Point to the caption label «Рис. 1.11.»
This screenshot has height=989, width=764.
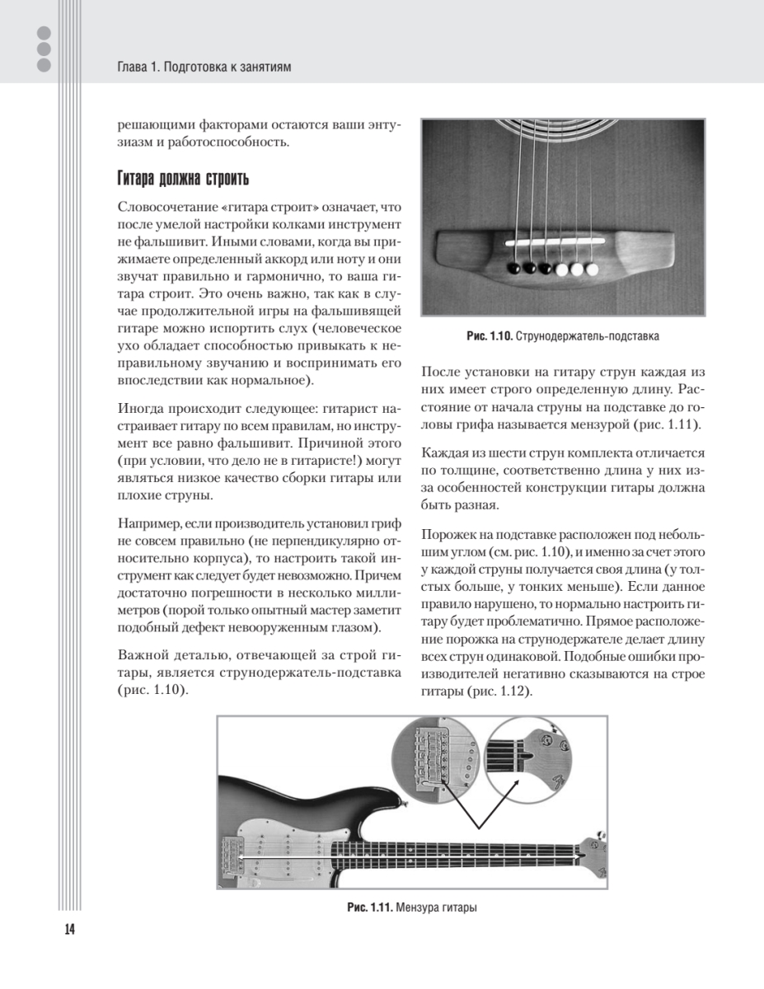pos(368,907)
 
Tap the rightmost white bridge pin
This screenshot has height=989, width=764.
pos(592,269)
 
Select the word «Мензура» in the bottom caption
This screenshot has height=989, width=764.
pos(418,907)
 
